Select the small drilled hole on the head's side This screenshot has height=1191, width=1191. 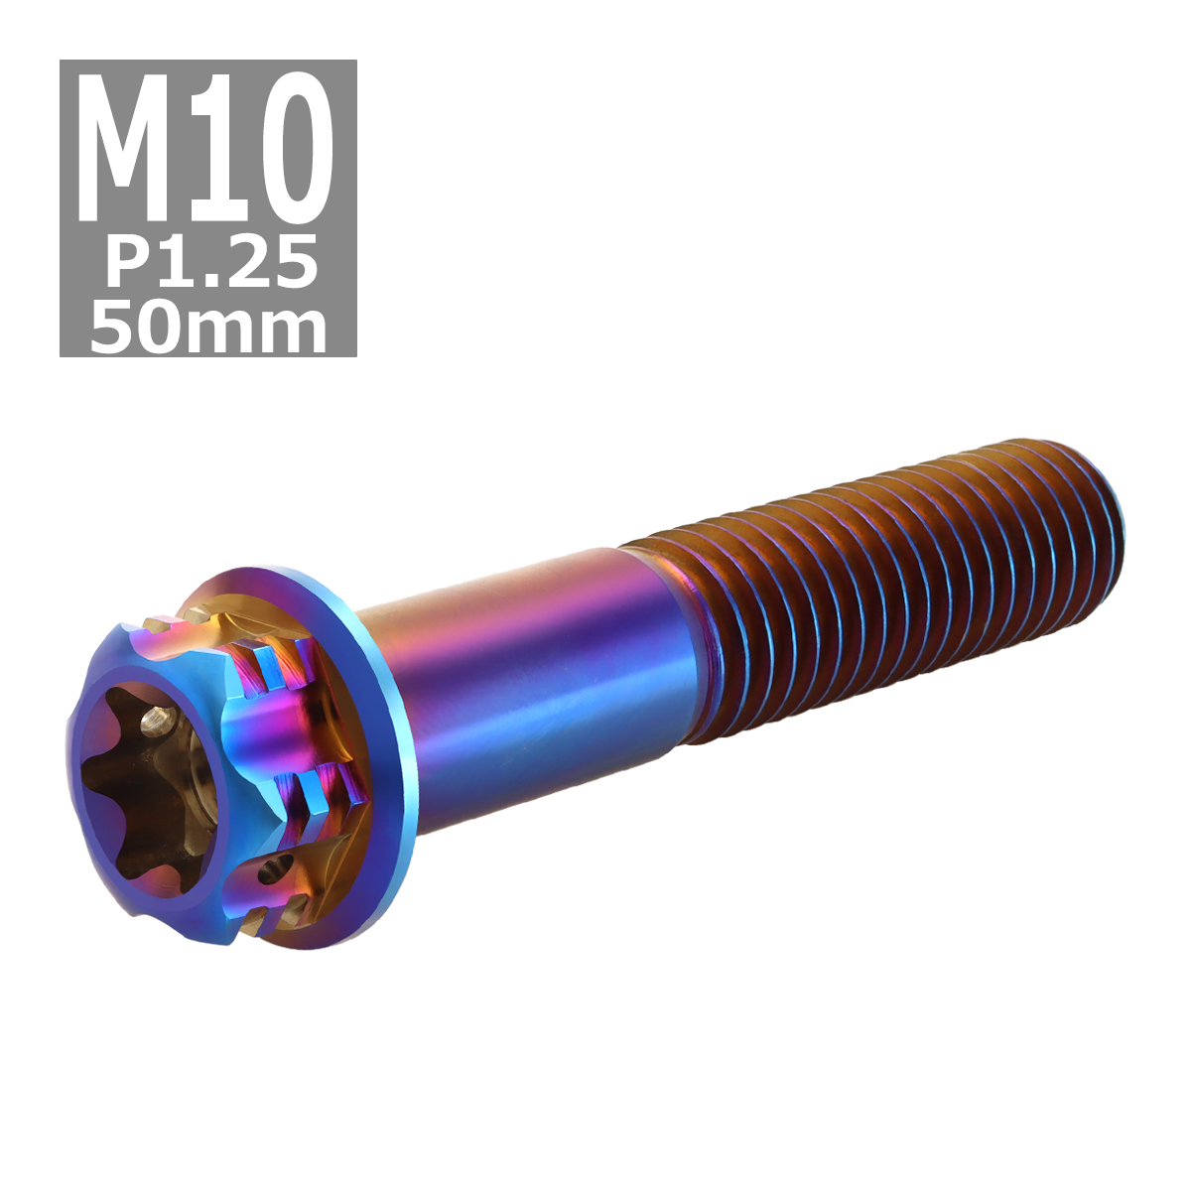(x=265, y=873)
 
